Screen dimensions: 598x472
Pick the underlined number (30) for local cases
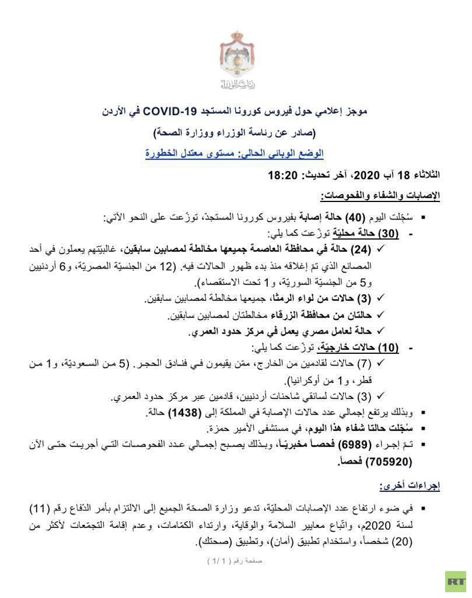click(387, 234)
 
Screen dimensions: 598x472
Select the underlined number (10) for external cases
click(387, 347)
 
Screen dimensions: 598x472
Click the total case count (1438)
click(185, 412)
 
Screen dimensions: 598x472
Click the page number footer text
click(235, 561)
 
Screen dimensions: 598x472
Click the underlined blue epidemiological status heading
click(235, 154)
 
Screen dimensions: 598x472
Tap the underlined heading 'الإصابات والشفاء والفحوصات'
click(380, 195)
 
